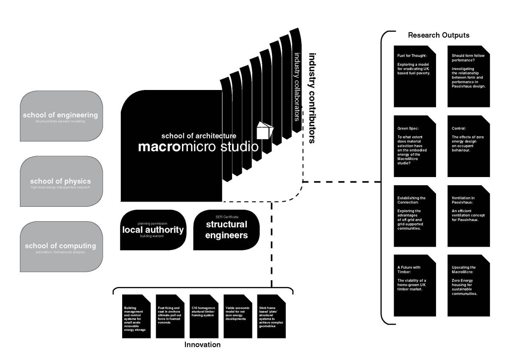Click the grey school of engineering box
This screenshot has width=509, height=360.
pos(62,116)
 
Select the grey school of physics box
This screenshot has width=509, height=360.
pos(62,181)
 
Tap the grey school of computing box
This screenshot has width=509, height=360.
pos(62,247)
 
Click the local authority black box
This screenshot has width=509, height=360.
pos(153,230)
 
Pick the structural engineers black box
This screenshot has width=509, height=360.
pos(227,230)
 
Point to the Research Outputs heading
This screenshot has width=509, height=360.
pos(439,35)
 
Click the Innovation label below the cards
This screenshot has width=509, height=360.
pos(202,345)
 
